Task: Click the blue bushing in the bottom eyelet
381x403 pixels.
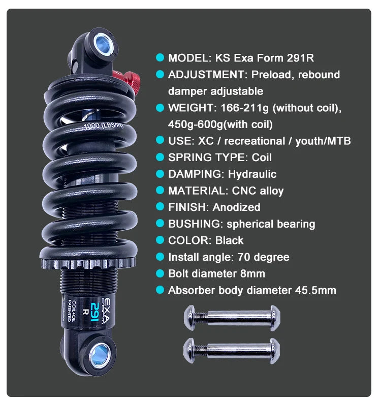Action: click(x=100, y=355)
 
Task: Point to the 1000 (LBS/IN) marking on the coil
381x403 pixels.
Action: click(x=104, y=126)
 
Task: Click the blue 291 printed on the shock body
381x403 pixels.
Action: click(x=95, y=312)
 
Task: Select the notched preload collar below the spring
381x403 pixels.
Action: click(x=88, y=263)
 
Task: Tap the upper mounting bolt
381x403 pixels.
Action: click(x=232, y=318)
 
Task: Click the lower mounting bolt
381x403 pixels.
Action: click(x=232, y=351)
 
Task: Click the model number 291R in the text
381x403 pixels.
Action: click(x=300, y=58)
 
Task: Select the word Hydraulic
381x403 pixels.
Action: click(x=252, y=174)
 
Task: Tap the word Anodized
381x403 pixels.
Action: click(x=236, y=207)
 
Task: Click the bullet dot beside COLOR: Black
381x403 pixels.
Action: click(x=160, y=240)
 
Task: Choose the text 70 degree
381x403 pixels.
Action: click(x=263, y=257)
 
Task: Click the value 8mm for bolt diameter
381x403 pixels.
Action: click(x=252, y=273)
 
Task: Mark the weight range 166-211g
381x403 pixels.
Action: click(x=244, y=108)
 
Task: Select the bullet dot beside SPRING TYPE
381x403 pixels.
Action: click(x=160, y=157)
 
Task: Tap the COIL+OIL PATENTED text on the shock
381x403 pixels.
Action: click(x=72, y=311)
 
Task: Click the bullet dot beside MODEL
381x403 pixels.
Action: click(x=160, y=57)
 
